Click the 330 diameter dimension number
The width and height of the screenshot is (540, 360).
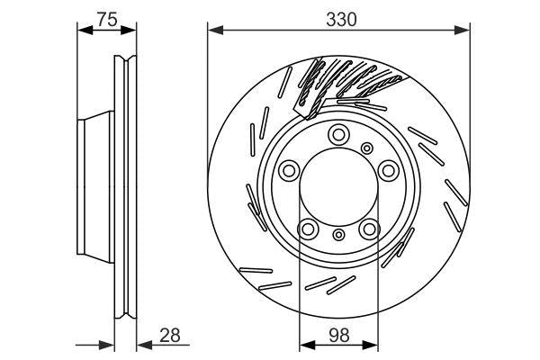click(x=337, y=19)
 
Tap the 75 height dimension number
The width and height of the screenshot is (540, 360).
click(x=108, y=19)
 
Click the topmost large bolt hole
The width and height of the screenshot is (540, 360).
click(x=338, y=135)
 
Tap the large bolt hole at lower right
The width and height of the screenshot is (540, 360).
click(x=369, y=229)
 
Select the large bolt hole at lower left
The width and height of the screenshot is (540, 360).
click(x=308, y=229)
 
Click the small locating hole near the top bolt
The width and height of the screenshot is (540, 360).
click(x=365, y=148)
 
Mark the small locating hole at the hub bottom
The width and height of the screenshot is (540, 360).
click(x=338, y=236)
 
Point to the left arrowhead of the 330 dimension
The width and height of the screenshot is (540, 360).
click(x=213, y=31)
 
